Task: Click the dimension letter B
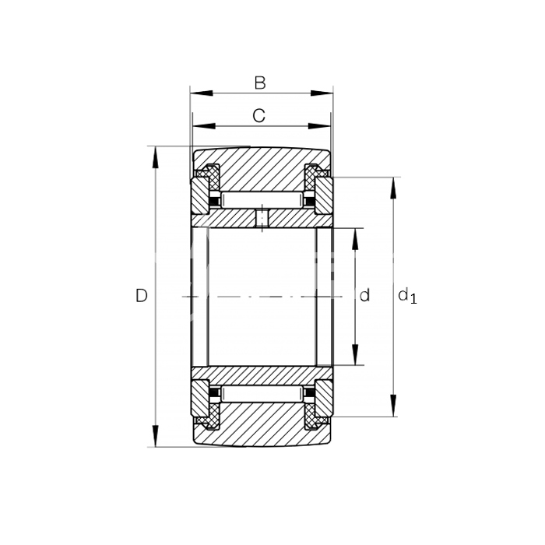point(260,83)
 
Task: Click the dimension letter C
point(259,116)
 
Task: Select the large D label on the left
point(142,296)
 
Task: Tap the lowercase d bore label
point(364,295)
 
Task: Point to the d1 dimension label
point(407,297)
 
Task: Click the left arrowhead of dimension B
point(201,93)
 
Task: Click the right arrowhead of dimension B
point(322,93)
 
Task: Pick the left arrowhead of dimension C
point(204,126)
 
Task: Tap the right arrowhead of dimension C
point(319,126)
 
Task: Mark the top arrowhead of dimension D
point(156,158)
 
